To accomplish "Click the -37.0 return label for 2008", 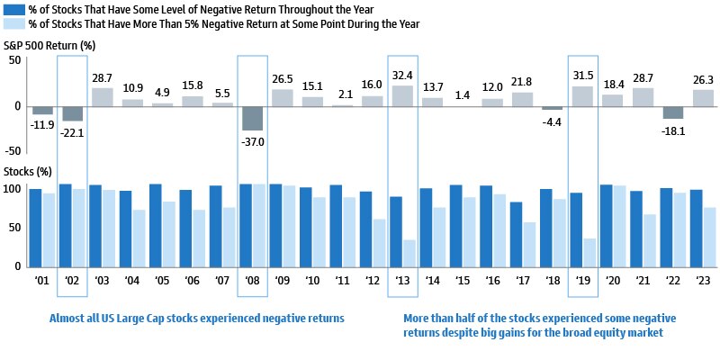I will tap(252, 139).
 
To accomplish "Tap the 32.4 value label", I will tap(402, 77).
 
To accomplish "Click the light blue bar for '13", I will tap(409, 253).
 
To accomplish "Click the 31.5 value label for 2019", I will tap(583, 77).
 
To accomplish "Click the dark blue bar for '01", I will tap(35, 228).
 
